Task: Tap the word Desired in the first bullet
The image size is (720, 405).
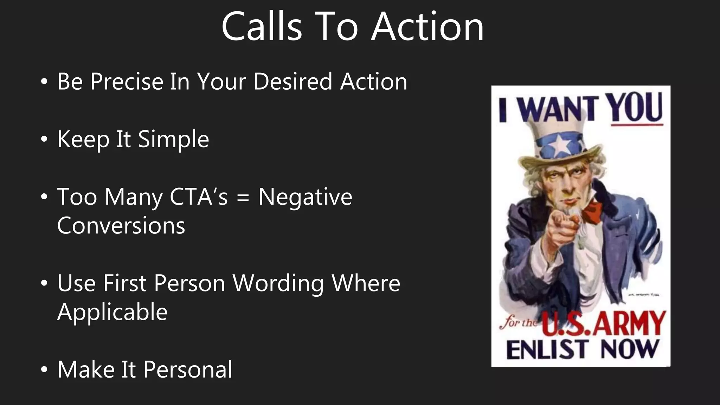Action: point(292,82)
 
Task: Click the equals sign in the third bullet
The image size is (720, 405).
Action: point(243,198)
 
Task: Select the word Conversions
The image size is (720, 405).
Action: point(121,225)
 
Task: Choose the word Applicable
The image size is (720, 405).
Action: point(112,312)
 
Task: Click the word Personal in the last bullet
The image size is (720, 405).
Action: point(188,369)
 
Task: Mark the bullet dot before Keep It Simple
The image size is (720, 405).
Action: point(44,140)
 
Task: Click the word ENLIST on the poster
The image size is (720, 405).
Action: point(547,349)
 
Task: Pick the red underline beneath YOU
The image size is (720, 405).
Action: point(637,124)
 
